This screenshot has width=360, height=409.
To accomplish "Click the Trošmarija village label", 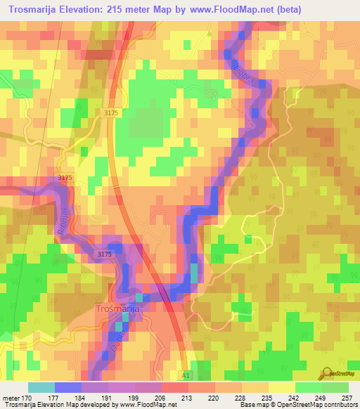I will (x=120, y=309).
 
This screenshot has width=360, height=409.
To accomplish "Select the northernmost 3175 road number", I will (x=111, y=112).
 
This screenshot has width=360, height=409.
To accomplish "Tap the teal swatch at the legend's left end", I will (x=41, y=387).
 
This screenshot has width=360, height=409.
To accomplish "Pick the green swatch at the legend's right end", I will (x=335, y=387).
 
